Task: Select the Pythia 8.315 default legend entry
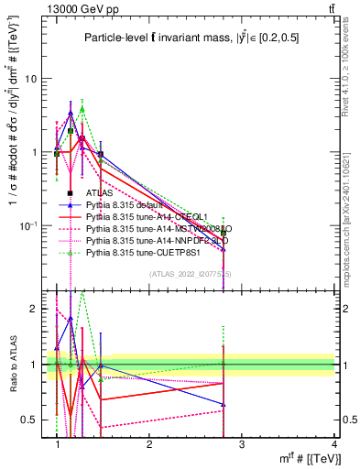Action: (x=128, y=204)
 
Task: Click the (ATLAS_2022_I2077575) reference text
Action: (x=191, y=274)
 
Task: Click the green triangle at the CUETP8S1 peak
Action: (x=82, y=108)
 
